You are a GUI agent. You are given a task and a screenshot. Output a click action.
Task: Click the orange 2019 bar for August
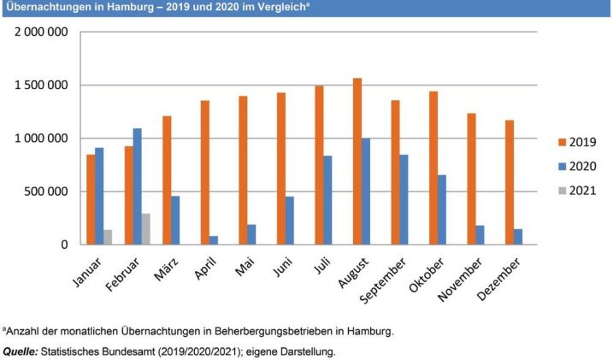357,162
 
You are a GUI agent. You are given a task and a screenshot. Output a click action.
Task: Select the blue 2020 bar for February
138,186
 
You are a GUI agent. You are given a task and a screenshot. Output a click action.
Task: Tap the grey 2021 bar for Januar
108,237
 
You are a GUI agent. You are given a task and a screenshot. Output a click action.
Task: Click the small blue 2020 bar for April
214,240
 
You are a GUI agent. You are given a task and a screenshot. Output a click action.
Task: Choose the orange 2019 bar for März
166,180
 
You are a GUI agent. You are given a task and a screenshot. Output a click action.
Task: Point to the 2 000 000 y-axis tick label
41,32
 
